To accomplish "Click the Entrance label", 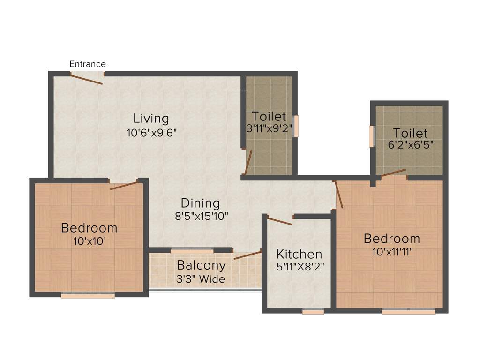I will (88, 64).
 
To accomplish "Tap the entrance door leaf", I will (86, 78).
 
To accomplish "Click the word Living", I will (150, 118).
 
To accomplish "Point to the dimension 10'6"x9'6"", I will (151, 132).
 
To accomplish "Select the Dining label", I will (200, 203).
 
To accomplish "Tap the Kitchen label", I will (299, 254).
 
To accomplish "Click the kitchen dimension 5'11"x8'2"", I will (300, 267).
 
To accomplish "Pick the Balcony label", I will (201, 265).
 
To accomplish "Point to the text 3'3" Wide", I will (201, 279).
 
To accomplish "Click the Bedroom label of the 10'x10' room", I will (89, 228).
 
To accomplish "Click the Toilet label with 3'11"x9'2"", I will (269, 116).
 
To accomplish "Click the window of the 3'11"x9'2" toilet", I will (295, 126).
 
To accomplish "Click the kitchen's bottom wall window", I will (313, 311).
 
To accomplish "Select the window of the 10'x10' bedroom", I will (88, 296).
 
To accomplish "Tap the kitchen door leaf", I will (280, 221).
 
